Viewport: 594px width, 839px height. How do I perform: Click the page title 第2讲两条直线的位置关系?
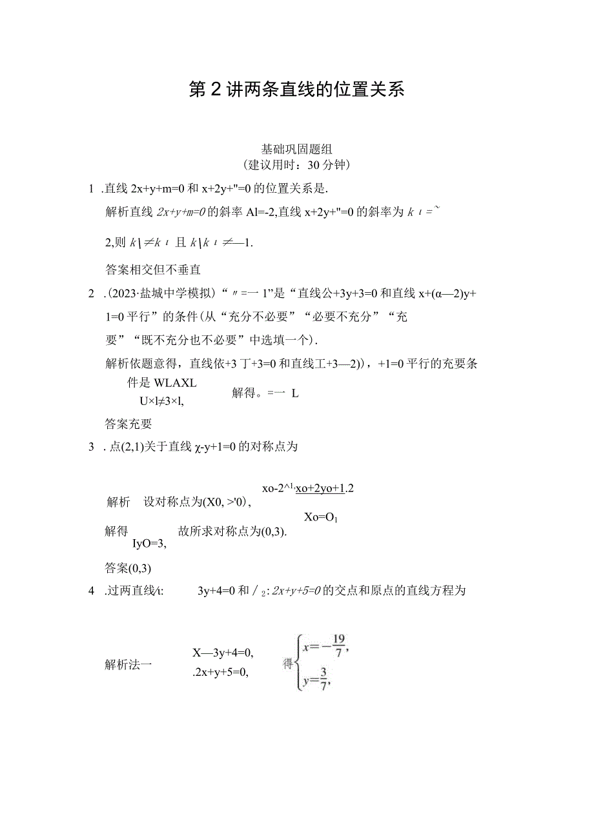click(296, 90)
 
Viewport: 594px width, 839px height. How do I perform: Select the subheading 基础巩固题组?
click(296, 149)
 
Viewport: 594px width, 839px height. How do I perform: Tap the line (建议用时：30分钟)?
click(296, 164)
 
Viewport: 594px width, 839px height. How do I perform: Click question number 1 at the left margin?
click(91, 188)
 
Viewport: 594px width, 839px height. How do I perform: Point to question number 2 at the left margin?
click(91, 294)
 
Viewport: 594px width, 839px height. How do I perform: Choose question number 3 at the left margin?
click(91, 446)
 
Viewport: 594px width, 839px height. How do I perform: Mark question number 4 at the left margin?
click(91, 590)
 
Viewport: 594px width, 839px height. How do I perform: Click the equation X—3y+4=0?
click(222, 652)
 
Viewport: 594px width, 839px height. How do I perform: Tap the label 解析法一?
click(128, 663)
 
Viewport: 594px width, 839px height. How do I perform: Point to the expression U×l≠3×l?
click(161, 400)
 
